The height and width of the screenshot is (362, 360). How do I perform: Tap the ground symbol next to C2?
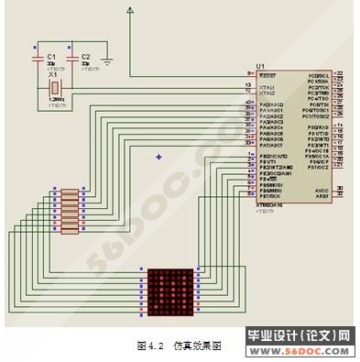tap(108, 62)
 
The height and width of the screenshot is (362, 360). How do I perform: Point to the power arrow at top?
tap(130, 11)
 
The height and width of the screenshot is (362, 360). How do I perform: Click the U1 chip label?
tap(260, 66)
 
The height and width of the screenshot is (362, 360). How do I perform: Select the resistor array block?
tap(70, 212)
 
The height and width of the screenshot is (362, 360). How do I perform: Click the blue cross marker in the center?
tap(158, 157)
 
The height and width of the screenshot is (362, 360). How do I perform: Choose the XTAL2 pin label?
tap(267, 93)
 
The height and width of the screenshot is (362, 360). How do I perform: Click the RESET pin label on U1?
tap(267, 73)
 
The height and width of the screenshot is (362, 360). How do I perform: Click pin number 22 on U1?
tap(340, 73)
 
